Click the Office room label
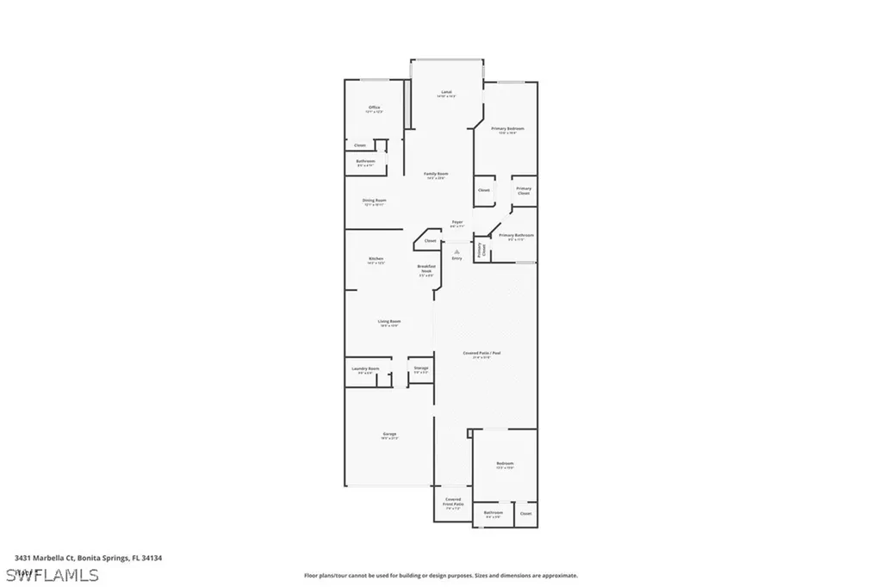click(374, 108)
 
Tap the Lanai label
click(446, 93)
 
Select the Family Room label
click(436, 175)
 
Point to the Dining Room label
click(374, 202)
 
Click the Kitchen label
click(376, 260)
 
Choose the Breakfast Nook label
click(426, 270)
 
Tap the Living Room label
click(389, 323)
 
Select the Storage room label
click(420, 369)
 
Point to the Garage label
click(389, 435)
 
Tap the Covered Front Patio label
click(453, 504)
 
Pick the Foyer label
click(457, 224)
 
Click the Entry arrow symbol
click(457, 250)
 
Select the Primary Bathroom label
click(516, 237)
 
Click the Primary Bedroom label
click(507, 130)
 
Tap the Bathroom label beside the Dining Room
click(365, 163)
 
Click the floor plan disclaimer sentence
click(440, 575)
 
